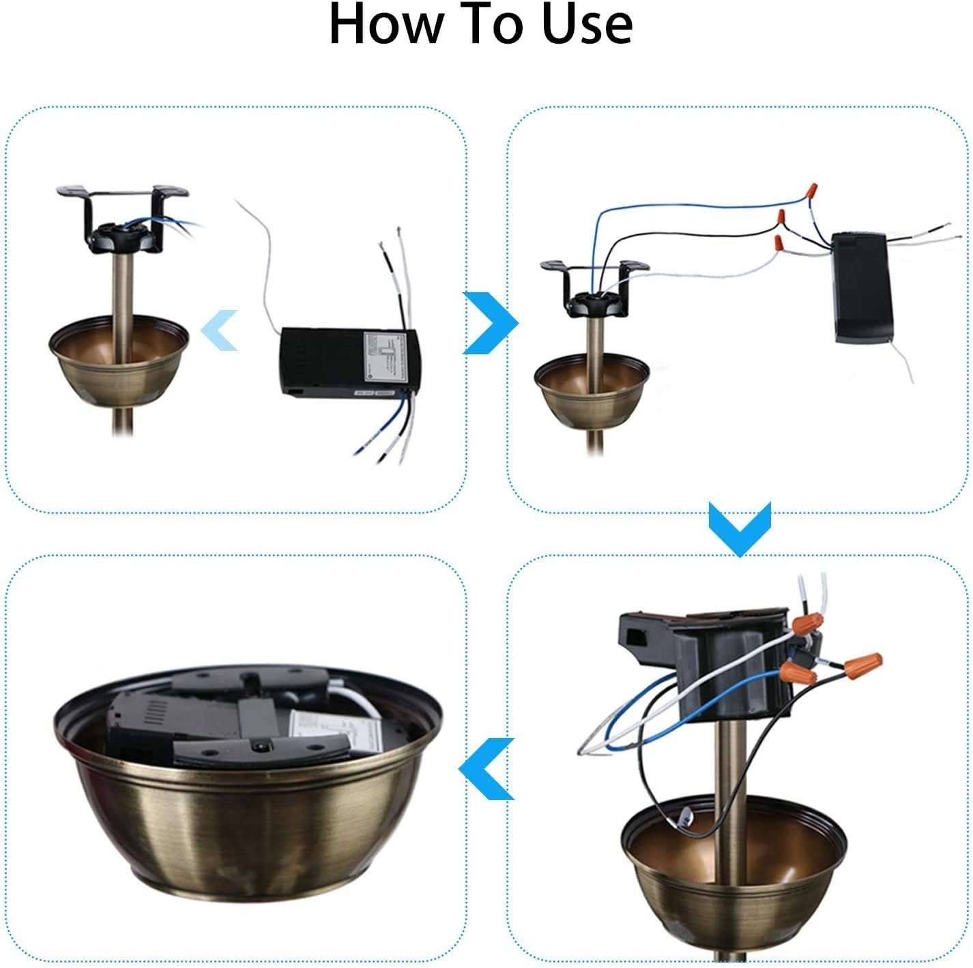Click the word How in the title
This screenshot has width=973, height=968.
point(386,25)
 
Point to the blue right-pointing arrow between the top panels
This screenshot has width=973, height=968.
point(490,323)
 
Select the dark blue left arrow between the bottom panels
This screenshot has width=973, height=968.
point(487,769)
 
